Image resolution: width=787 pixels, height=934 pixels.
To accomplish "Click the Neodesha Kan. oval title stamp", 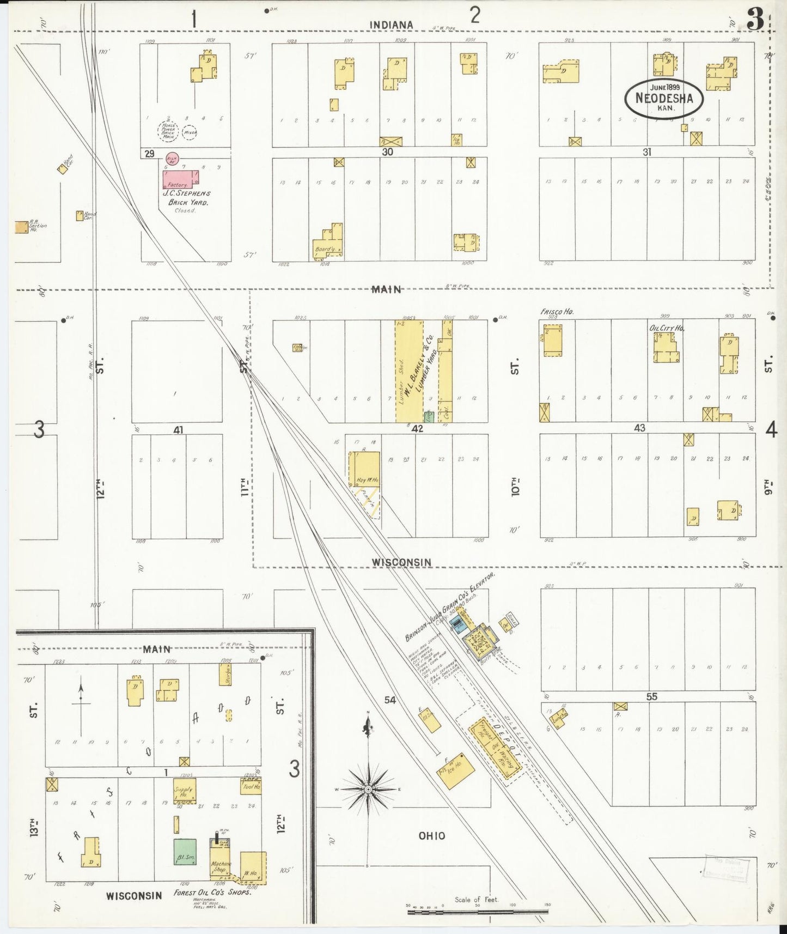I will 663,98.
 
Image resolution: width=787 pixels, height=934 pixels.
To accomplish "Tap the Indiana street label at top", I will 391,25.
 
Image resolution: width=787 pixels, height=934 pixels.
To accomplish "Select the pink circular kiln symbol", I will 172,159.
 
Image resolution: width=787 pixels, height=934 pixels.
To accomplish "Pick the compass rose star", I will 368,789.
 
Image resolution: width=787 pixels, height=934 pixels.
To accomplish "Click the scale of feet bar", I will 478,911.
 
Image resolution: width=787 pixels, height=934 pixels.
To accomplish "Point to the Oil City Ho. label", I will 667,328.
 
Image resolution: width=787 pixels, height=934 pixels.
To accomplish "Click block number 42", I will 417,429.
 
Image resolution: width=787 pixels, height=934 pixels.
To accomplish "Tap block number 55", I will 651,696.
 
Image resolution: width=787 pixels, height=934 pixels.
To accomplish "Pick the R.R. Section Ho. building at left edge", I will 22,227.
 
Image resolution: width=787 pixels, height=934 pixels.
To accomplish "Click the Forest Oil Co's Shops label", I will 212,893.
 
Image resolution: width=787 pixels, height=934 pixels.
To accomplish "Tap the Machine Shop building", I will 221,862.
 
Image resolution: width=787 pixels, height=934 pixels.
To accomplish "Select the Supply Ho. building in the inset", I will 185,791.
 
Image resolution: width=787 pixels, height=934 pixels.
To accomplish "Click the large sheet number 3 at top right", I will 754,21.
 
